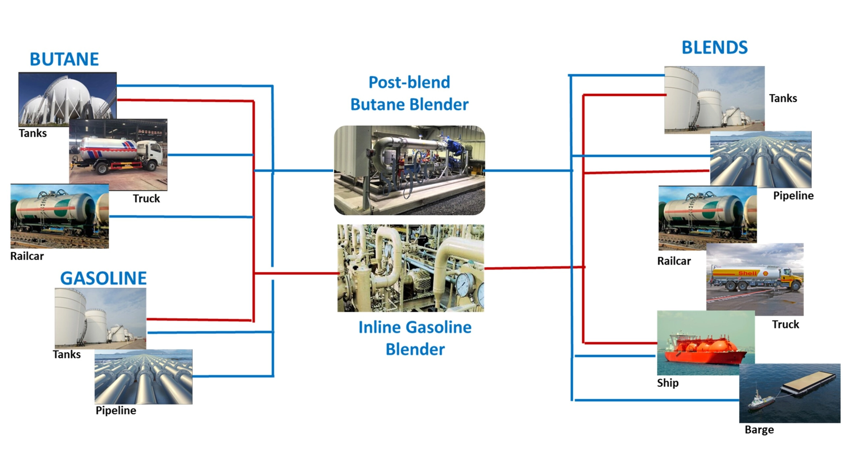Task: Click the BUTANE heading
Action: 64,59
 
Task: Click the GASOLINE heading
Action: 103,278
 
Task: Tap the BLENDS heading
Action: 715,47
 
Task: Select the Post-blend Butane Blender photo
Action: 409,170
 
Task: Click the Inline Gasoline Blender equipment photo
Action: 411,268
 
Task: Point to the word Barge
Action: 759,430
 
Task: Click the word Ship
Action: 668,383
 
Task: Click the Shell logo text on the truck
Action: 747,273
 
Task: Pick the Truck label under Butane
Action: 146,198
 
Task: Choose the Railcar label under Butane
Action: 27,256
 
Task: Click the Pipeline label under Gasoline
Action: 116,410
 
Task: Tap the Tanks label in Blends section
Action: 783,98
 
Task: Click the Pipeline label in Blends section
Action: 793,196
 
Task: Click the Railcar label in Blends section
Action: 674,261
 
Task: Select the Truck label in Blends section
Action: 786,324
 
